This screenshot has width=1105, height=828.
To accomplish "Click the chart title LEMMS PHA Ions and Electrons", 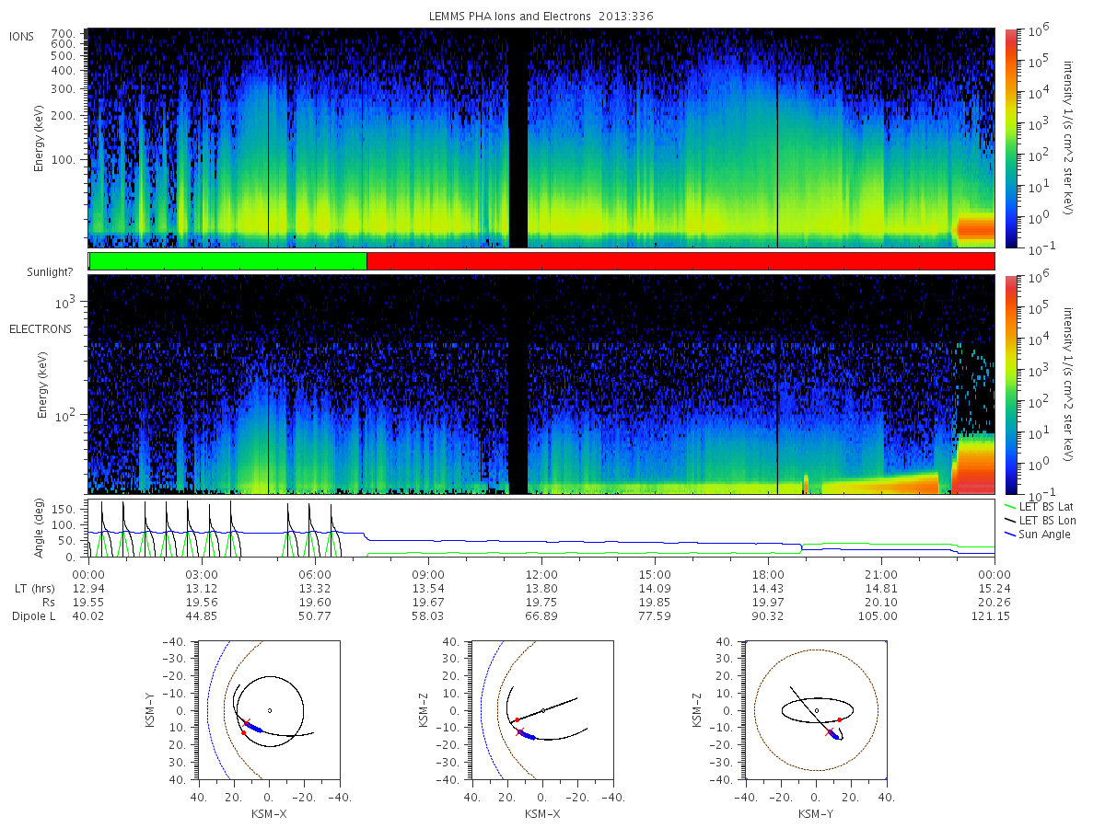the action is click(x=509, y=16).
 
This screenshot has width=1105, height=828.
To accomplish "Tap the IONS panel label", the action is click(x=21, y=36).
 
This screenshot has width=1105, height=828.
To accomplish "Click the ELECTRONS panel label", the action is click(x=41, y=328).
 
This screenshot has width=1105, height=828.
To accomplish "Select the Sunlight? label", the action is click(x=50, y=272).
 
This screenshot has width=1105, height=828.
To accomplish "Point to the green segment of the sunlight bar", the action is click(x=228, y=261).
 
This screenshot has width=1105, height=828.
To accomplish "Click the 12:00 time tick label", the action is click(x=541, y=575).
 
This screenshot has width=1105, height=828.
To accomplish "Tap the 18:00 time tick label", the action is click(x=768, y=575).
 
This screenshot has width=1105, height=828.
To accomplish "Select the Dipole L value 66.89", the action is click(x=541, y=615).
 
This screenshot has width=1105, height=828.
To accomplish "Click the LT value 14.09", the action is click(x=655, y=588).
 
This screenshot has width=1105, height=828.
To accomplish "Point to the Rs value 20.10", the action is click(x=881, y=603).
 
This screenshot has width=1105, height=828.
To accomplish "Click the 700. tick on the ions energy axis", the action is click(x=63, y=34).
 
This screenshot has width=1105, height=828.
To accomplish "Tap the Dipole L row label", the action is click(x=33, y=615).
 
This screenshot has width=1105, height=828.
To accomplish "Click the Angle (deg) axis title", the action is click(x=39, y=528).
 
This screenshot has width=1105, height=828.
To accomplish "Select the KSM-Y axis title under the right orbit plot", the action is click(x=816, y=813).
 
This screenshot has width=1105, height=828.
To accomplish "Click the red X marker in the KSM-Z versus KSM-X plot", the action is click(x=520, y=732).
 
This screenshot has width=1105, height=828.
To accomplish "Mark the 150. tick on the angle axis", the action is click(x=64, y=509).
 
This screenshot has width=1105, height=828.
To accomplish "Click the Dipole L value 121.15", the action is click(x=991, y=615).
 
